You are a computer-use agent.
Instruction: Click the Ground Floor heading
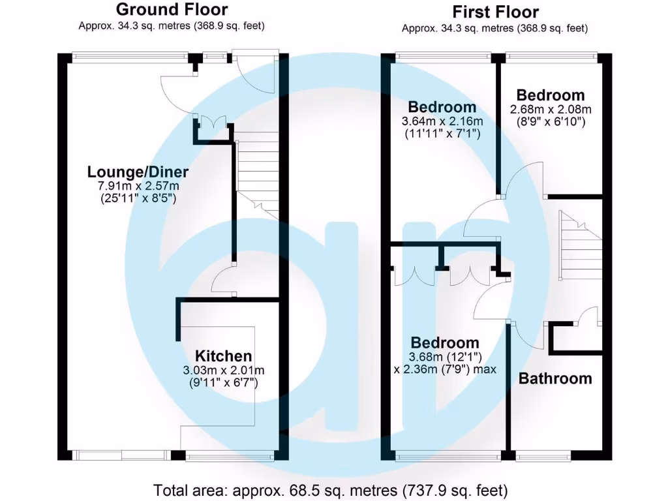172,10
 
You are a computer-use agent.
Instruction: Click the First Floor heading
495,12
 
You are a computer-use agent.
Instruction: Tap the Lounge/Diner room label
138,172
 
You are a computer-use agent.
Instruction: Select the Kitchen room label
224,356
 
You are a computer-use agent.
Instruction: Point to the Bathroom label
555,378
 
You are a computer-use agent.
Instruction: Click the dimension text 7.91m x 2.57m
138,186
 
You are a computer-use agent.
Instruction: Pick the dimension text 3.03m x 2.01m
224,370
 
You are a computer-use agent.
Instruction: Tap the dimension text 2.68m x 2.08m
551,108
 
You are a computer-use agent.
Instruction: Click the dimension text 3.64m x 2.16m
442,121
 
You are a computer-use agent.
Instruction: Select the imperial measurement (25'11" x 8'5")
138,198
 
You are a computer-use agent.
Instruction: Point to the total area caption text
330,489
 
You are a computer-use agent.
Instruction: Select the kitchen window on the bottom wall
229,456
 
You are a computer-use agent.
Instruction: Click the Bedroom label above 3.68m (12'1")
444,343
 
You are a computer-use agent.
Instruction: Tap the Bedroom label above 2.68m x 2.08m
551,95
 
